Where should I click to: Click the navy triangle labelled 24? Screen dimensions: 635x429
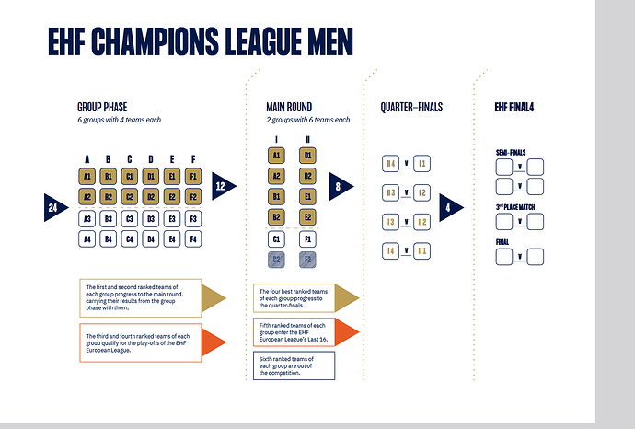pos(54,207)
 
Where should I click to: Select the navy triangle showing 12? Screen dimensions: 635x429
pos(223,186)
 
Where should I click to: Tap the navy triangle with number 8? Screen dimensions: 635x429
pos(340,186)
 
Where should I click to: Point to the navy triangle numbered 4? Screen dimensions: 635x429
pos(450,207)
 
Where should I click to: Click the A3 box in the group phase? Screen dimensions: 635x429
pos(87,219)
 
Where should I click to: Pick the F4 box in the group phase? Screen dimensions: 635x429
pos(193,239)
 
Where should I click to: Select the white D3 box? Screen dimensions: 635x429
pos(151,219)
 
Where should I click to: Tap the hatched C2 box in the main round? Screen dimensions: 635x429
pos(276,260)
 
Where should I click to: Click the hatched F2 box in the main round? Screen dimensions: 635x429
pos(307,260)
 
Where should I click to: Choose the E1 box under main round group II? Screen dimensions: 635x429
pos(307,196)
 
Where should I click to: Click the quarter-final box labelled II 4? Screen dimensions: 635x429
pos(390,164)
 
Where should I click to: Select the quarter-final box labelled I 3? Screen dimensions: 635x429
pos(390,222)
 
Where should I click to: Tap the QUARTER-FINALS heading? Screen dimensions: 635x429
pos(411,108)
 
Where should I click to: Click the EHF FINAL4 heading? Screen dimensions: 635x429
pos(514,108)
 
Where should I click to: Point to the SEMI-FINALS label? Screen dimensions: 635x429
pos(511,152)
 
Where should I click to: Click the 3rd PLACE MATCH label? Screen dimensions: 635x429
pos(515,207)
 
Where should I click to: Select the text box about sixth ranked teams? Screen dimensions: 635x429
pos(294,365)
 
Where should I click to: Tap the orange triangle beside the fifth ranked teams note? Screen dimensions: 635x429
pos(347,332)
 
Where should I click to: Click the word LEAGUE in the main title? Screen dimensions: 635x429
pos(263,41)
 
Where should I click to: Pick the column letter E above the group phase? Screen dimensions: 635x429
pos(172,159)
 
